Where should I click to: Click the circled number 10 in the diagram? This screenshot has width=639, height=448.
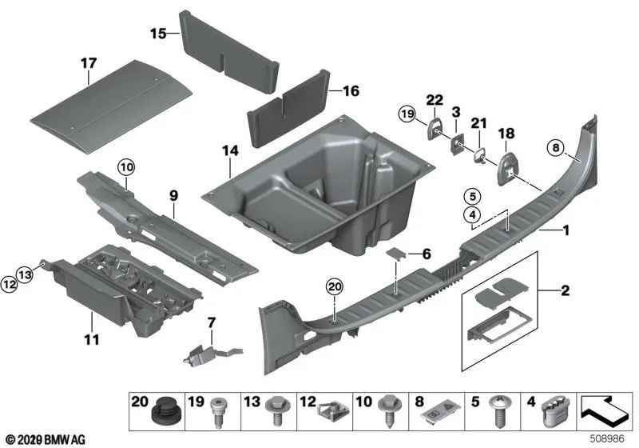click(126, 167)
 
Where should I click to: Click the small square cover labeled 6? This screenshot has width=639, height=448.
click(396, 254)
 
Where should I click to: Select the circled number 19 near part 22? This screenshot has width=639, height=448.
click(407, 116)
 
